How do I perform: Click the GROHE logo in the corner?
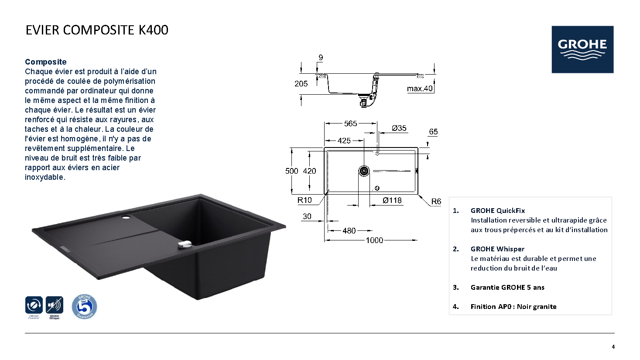click(x=582, y=49)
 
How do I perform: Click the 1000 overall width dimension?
click(x=374, y=240)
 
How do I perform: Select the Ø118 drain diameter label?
click(x=392, y=201)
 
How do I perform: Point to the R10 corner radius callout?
click(x=305, y=200)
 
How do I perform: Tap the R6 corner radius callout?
click(x=436, y=202)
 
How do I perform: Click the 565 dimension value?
click(x=351, y=123)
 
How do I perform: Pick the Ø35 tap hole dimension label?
click(x=399, y=128)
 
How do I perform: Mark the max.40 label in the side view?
click(x=420, y=89)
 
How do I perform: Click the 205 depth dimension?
click(x=301, y=84)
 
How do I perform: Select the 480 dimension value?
click(x=349, y=230)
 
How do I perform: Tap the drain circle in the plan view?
click(x=364, y=171)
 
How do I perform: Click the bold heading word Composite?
click(x=46, y=62)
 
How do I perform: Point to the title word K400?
click(x=154, y=30)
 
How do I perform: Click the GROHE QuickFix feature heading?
click(x=498, y=211)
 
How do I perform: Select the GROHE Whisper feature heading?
click(x=497, y=249)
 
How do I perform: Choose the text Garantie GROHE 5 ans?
click(x=507, y=288)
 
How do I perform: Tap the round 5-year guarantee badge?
click(x=84, y=307)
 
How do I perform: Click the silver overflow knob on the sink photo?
click(x=185, y=244)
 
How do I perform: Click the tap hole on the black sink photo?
click(x=126, y=217)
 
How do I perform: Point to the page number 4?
click(x=613, y=347)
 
